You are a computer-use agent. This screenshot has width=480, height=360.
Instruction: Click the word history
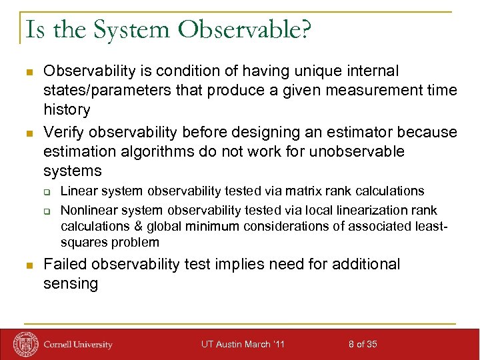point(67,109)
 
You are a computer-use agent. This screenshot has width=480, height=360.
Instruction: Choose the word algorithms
point(147,151)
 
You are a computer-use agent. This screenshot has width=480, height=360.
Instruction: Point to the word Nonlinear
point(85,210)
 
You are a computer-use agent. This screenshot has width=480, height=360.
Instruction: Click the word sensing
point(71,283)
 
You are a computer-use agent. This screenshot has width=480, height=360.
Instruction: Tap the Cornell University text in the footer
point(78,345)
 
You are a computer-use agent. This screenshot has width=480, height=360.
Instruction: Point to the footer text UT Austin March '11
point(243,344)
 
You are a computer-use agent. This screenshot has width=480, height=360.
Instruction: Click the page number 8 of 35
point(363,344)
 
